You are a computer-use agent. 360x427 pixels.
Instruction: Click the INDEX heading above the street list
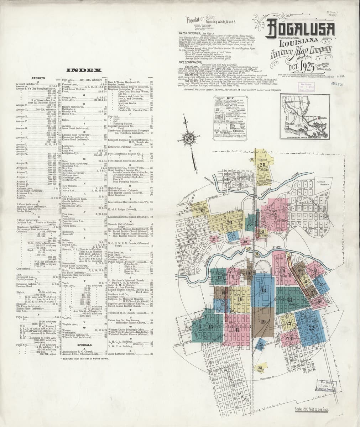(79, 70)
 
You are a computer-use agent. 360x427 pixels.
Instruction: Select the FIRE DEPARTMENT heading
(190, 62)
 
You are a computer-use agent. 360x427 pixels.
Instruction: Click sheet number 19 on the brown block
(264, 322)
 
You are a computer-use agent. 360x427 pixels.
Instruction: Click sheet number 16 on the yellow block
(240, 299)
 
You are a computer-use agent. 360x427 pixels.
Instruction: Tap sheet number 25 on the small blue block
(261, 344)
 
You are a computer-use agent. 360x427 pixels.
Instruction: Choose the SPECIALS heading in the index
(84, 345)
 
